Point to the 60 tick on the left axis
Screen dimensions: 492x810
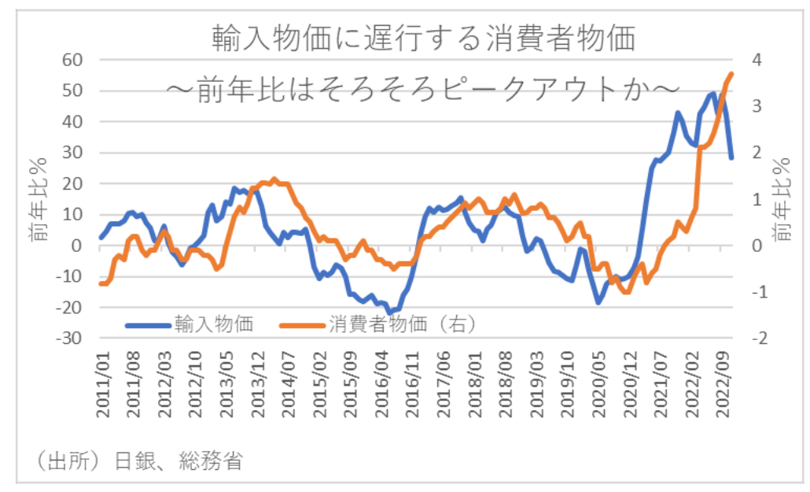[x=72, y=60]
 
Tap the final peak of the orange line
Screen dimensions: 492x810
[x=731, y=74]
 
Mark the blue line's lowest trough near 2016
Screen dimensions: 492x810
[x=391, y=312]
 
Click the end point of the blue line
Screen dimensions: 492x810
[x=731, y=158]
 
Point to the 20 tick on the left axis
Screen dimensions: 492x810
[x=72, y=183]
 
